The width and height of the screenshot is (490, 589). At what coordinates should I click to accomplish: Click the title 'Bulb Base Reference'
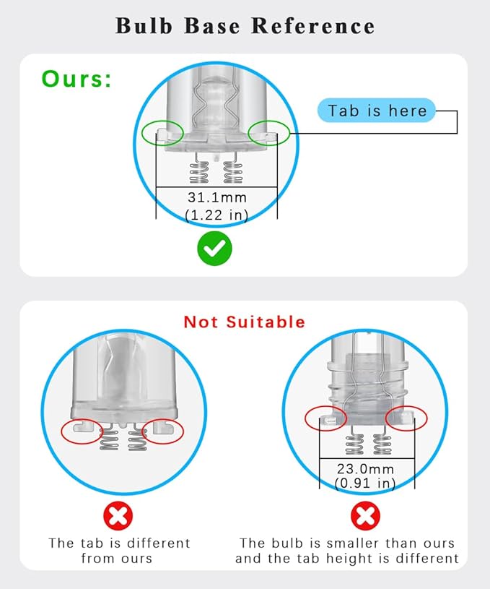[x=245, y=26]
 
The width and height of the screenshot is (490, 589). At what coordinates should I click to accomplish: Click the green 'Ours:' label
[x=76, y=79]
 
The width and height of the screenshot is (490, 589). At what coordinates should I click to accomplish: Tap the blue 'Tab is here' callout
[x=377, y=111]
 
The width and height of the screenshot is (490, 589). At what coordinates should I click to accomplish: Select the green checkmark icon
[x=214, y=249]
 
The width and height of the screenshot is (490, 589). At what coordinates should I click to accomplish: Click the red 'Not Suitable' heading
[x=245, y=322]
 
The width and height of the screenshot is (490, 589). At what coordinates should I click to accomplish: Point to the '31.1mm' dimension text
[x=217, y=197]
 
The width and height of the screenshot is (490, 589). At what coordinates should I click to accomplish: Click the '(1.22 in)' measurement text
[x=217, y=215]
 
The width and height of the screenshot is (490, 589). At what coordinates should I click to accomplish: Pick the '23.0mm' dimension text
[x=365, y=469]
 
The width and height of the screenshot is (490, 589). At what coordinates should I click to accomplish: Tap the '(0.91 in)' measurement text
[x=365, y=483]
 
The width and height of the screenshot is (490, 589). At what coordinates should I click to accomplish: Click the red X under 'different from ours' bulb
[x=118, y=516]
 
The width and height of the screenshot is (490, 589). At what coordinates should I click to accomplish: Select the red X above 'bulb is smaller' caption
[x=365, y=516]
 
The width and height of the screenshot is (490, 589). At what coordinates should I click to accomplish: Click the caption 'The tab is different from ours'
[x=119, y=551]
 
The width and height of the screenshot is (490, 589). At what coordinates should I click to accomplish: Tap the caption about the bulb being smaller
[x=347, y=551]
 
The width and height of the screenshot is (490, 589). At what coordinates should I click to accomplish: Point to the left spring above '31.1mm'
[x=199, y=173]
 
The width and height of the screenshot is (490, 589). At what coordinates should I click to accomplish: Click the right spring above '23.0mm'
[x=382, y=444]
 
